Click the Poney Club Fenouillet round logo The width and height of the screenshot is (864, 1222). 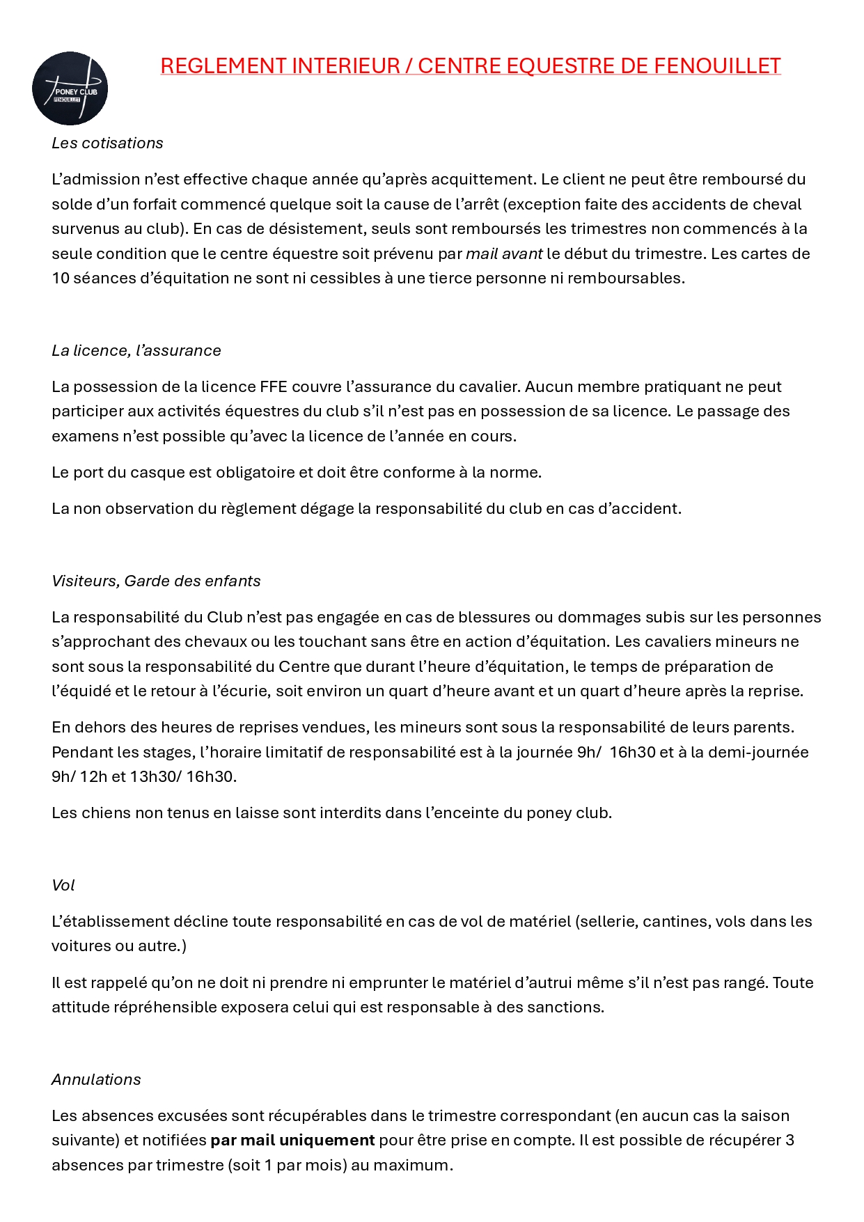pyautogui.click(x=70, y=88)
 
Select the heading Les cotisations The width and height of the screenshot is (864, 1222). pyautogui.click(x=107, y=143)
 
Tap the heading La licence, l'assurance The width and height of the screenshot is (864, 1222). pyautogui.click(x=136, y=350)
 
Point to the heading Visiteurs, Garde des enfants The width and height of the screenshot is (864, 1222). pyautogui.click(x=156, y=581)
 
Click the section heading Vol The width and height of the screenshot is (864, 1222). pyautogui.click(x=63, y=885)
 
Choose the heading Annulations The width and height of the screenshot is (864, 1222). pyautogui.click(x=96, y=1079)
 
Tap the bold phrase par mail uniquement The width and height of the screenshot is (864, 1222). pyautogui.click(x=292, y=1140)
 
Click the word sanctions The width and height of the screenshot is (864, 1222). pyautogui.click(x=567, y=1007)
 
